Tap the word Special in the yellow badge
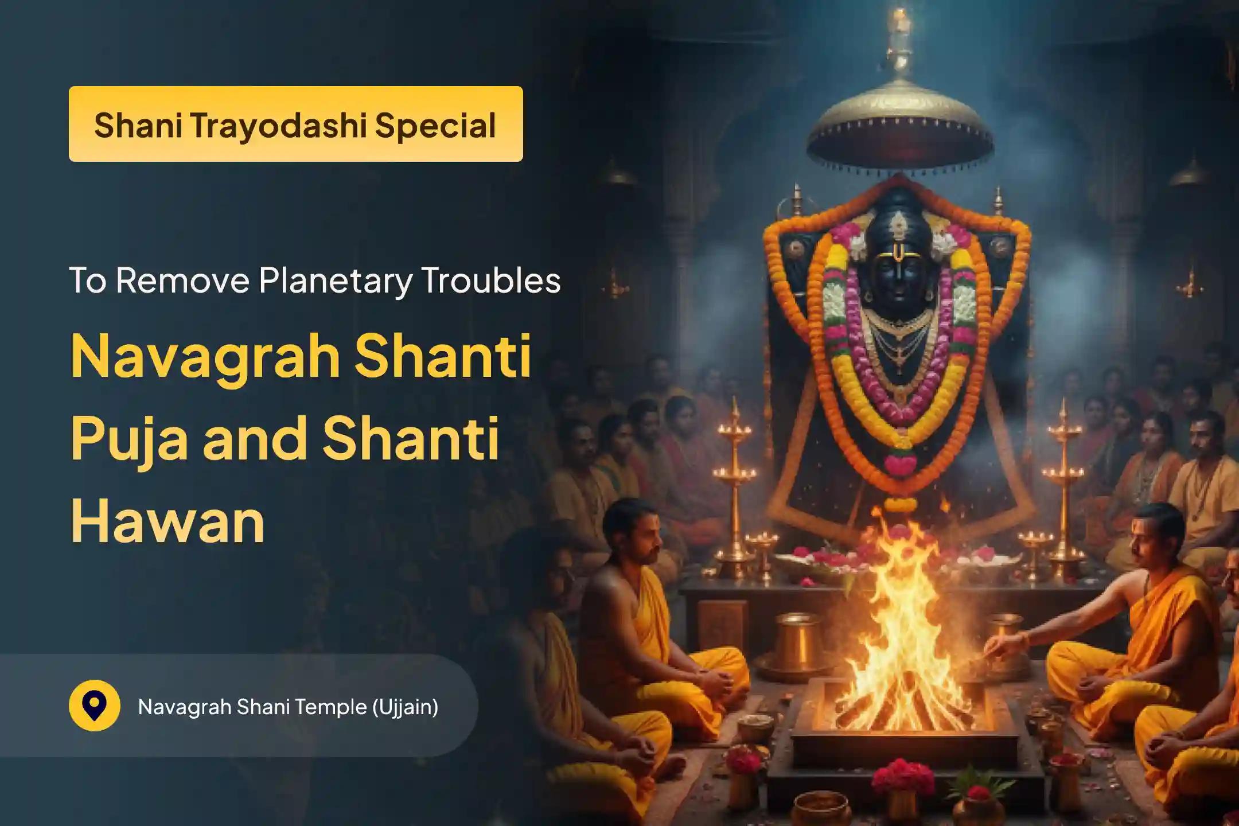435,124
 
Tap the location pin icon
94,706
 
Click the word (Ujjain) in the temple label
405,707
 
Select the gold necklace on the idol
899,338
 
